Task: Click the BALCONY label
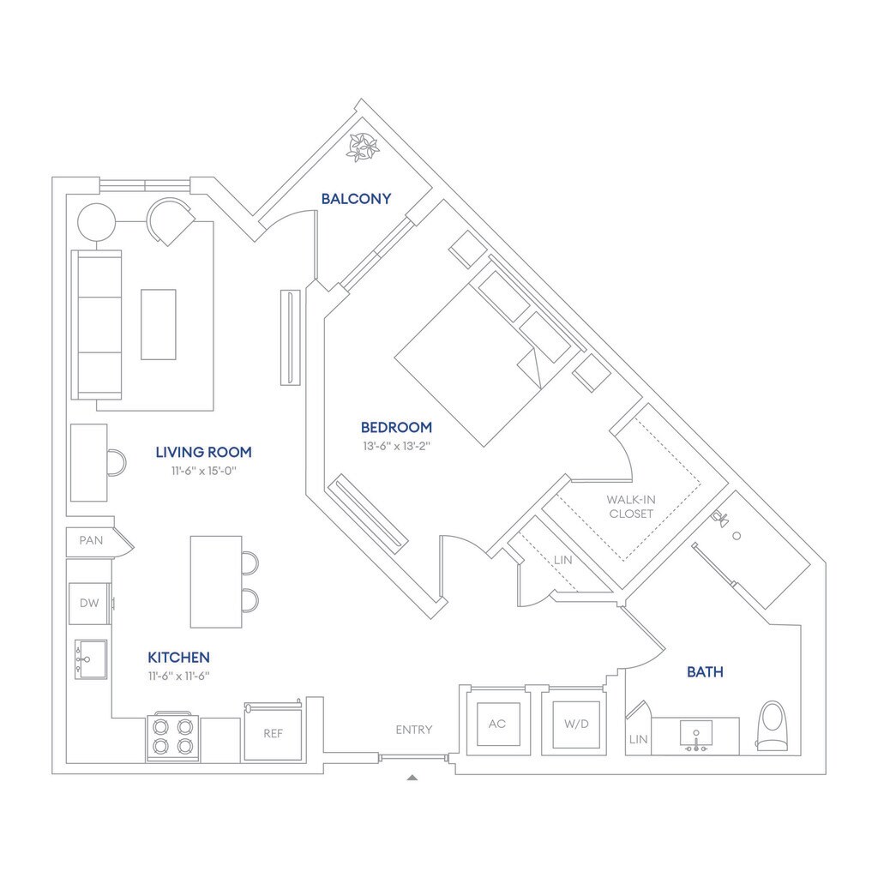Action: point(356,199)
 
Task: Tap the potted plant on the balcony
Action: point(363,147)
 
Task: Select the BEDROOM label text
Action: point(396,427)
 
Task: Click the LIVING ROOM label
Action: point(203,452)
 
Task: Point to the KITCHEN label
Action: point(178,658)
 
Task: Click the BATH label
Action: point(705,672)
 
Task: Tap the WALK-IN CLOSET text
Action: point(630,506)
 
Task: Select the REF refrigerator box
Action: point(273,733)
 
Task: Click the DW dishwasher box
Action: point(90,603)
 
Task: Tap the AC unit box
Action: point(497,723)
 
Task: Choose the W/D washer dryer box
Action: point(576,723)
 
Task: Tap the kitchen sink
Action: point(89,658)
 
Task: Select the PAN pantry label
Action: point(91,541)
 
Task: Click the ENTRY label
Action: point(414,730)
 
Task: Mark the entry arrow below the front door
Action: point(412,778)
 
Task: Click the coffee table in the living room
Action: point(159,324)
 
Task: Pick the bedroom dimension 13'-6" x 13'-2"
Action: point(396,446)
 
